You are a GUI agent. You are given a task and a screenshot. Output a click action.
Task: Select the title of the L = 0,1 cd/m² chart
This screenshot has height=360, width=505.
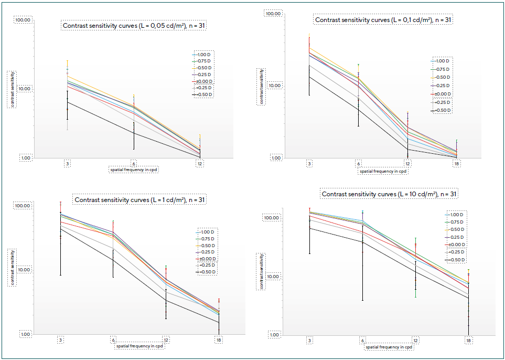tap(383, 19)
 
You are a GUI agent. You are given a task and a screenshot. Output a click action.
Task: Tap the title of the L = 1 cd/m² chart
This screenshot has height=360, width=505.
tap(140, 199)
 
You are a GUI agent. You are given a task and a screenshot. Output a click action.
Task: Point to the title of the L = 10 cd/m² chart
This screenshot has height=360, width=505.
tap(390, 194)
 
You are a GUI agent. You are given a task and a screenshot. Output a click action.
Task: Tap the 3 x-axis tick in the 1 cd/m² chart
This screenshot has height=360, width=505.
tap(61, 340)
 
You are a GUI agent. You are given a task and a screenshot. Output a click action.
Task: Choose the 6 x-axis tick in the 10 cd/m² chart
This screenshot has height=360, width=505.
tap(362, 341)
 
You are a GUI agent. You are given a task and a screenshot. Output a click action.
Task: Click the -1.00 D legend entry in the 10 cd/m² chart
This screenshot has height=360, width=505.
tap(455, 215)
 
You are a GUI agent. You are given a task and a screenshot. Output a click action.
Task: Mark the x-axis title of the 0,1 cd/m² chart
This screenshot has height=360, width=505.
tap(383, 171)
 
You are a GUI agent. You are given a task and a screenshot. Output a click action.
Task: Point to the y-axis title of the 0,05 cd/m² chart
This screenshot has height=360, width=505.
tap(10, 89)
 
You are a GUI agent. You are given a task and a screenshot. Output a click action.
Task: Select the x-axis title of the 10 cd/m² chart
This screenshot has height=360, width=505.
tap(389, 347)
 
